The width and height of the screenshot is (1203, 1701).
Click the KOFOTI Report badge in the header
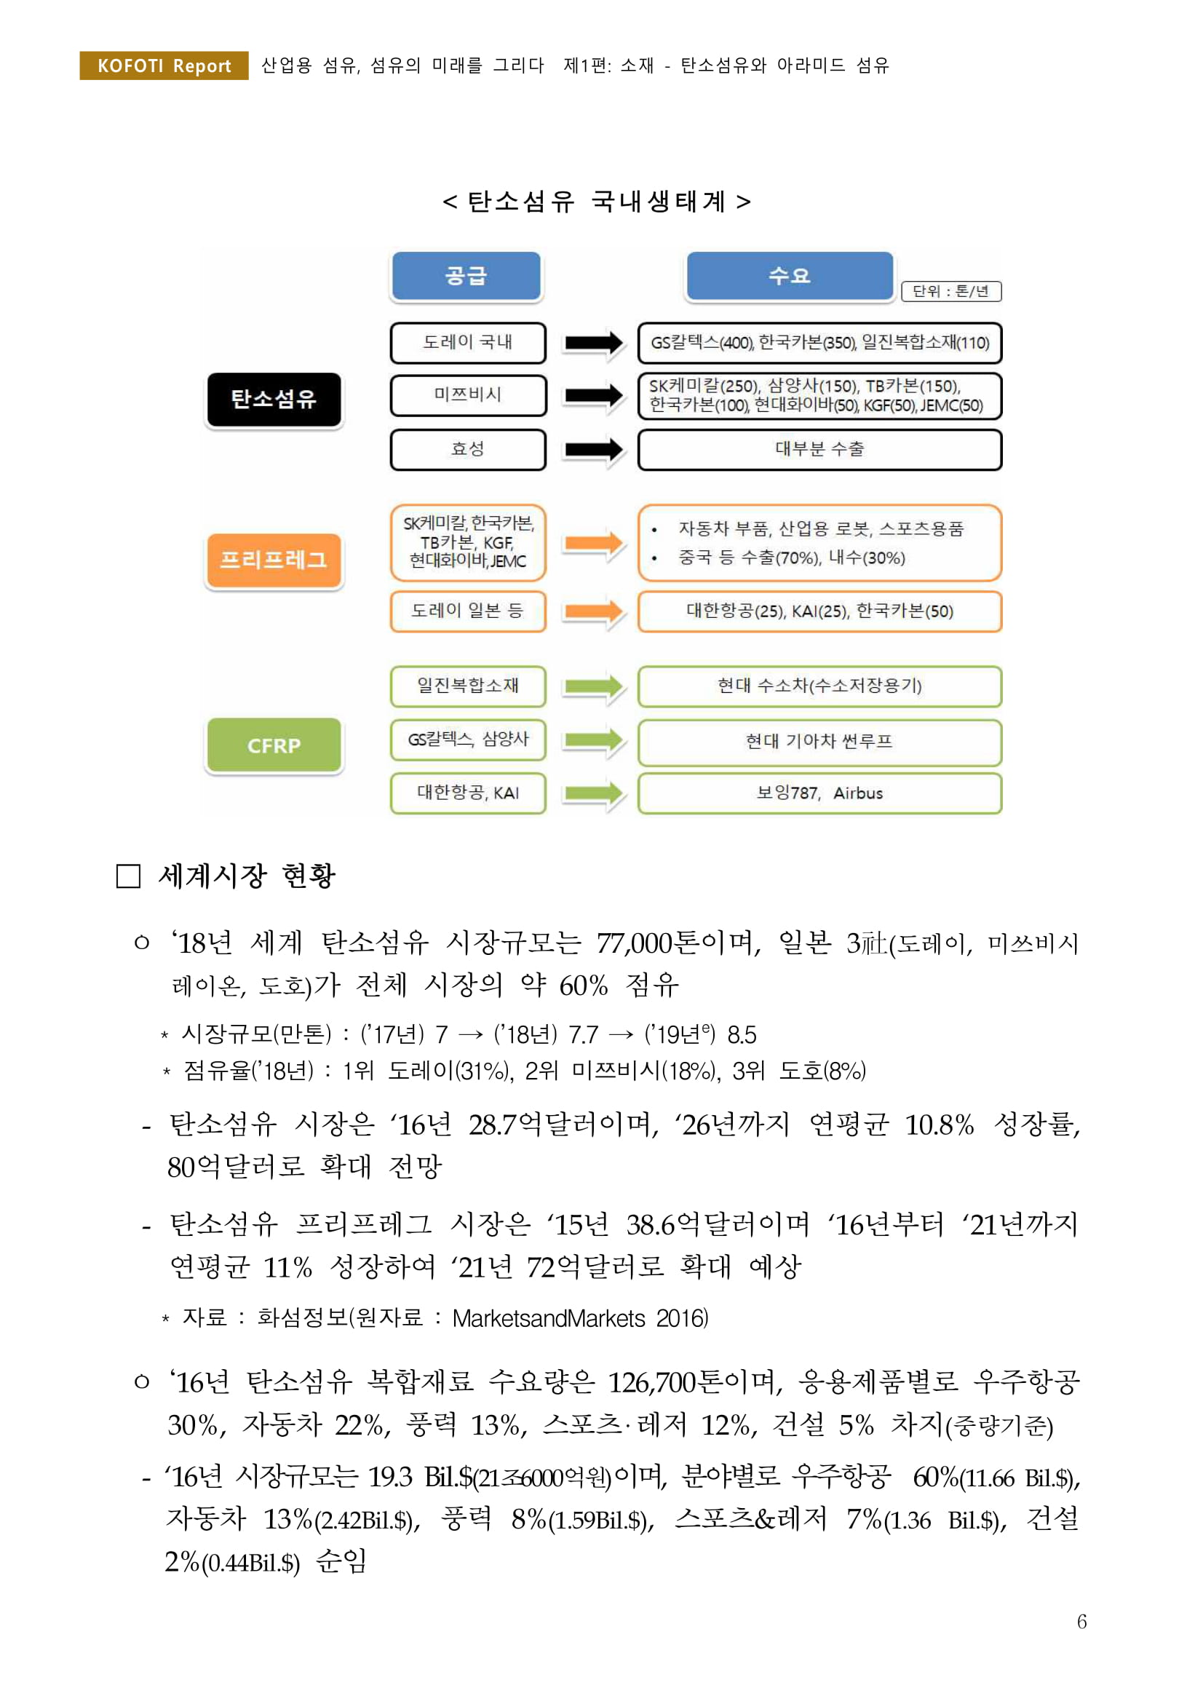(x=164, y=66)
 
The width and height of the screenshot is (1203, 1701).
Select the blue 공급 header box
(x=466, y=276)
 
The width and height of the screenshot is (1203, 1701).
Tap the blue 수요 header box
(x=790, y=276)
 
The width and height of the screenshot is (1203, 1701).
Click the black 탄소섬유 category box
(x=274, y=400)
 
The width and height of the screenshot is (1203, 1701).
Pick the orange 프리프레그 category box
(x=274, y=560)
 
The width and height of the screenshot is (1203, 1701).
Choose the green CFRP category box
(x=274, y=745)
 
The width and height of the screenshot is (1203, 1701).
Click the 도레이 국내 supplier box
(x=467, y=342)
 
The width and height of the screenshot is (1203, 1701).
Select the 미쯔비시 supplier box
(x=467, y=395)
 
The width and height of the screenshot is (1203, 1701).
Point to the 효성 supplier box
(x=467, y=449)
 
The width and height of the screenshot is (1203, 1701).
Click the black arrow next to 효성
(x=593, y=449)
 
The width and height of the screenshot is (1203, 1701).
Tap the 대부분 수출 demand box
(x=819, y=449)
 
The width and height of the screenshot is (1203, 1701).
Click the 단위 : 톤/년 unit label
(x=951, y=291)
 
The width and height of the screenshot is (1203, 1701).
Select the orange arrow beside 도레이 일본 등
(x=593, y=611)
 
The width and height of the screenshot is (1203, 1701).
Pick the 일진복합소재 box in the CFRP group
(x=467, y=686)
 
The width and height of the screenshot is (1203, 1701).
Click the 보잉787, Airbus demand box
(x=819, y=793)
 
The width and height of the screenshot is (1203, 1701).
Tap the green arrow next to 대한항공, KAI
(x=593, y=793)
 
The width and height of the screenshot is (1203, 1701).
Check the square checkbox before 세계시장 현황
(x=128, y=876)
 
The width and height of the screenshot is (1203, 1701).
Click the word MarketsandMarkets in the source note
(x=549, y=1319)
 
